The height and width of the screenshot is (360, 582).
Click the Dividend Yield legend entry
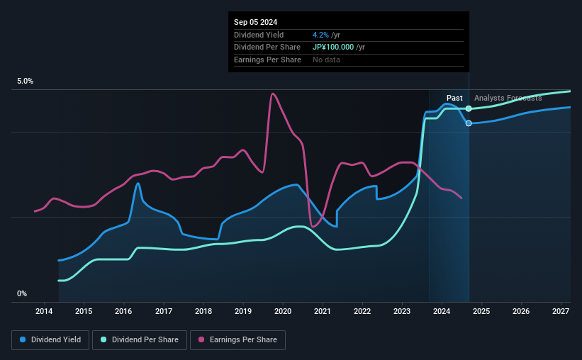(x=50, y=340)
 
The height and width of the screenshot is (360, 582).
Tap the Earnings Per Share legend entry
(x=238, y=340)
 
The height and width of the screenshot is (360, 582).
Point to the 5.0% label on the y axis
(x=25, y=81)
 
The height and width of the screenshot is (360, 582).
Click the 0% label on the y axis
(x=22, y=293)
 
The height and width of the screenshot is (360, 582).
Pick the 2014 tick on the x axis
(x=44, y=311)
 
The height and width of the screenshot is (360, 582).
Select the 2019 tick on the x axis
(x=243, y=311)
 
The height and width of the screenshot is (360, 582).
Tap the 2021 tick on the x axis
(x=323, y=311)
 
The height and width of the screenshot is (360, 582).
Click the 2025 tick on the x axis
(x=481, y=311)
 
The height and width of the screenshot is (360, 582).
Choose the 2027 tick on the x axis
(x=561, y=311)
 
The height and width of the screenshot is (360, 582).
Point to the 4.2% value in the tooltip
(x=319, y=35)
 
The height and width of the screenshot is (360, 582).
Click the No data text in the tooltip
(x=326, y=60)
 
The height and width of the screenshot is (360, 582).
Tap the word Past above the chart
(x=454, y=98)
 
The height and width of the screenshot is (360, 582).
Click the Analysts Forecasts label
(x=508, y=98)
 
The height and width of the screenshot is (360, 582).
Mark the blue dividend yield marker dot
(x=469, y=123)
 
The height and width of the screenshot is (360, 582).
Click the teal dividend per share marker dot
(x=469, y=108)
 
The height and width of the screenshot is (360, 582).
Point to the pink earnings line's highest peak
(x=273, y=94)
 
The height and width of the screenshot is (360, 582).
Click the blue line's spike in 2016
(x=138, y=184)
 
